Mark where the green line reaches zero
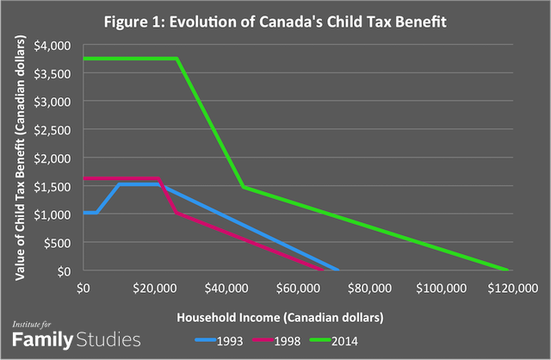[x=508, y=270]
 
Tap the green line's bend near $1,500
[x=243, y=186]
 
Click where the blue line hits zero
[x=338, y=270]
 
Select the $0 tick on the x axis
[x=84, y=286]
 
